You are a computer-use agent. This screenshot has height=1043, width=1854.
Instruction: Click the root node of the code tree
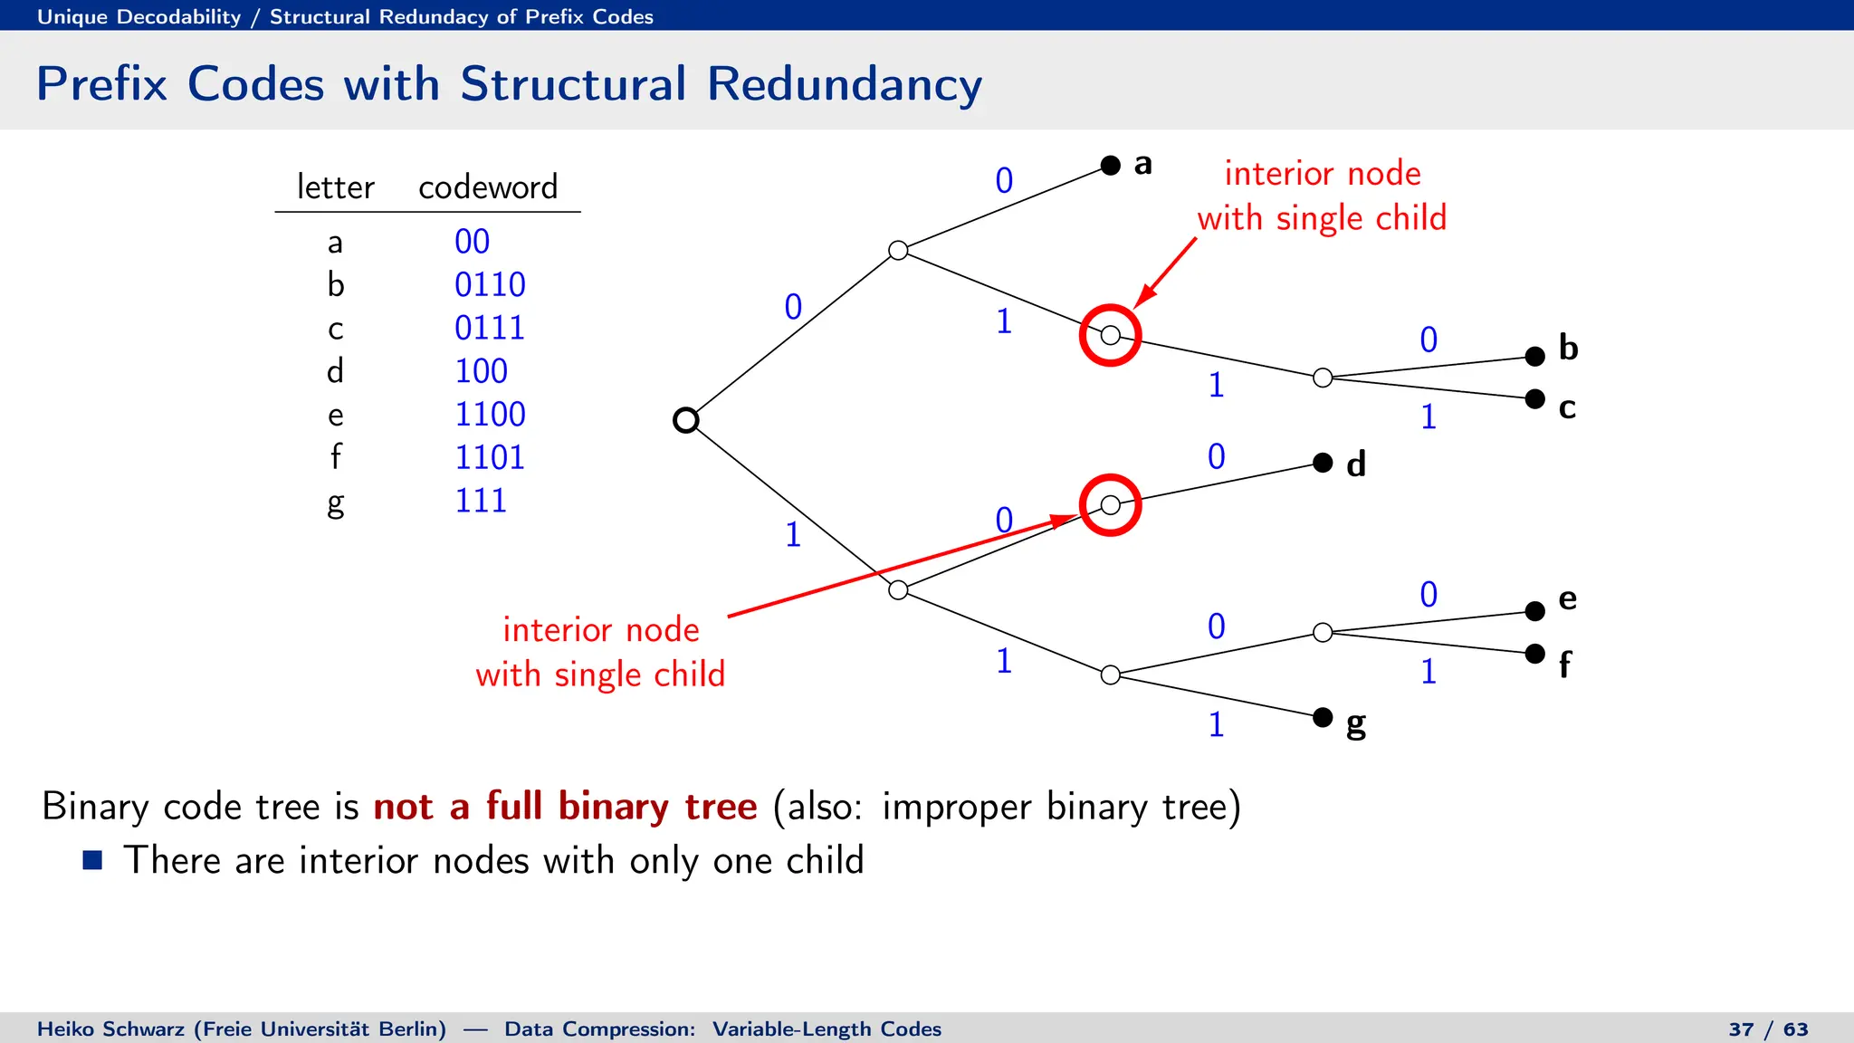pyautogui.click(x=686, y=420)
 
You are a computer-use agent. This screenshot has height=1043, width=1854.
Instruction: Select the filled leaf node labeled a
pyautogui.click(x=1111, y=165)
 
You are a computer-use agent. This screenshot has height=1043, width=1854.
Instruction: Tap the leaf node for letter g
pyautogui.click(x=1323, y=717)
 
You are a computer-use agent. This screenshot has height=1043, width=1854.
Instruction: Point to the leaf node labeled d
pyautogui.click(x=1323, y=463)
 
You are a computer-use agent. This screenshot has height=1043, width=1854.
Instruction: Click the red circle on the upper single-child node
pyautogui.click(x=1110, y=335)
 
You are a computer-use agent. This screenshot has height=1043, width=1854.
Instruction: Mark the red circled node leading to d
pyautogui.click(x=1110, y=505)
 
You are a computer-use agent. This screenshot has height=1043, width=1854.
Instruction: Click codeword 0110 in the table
pyautogui.click(x=490, y=284)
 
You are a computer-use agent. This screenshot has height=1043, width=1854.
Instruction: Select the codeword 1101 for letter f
pyautogui.click(x=490, y=457)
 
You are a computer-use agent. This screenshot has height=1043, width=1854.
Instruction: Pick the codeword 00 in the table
pyautogui.click(x=472, y=241)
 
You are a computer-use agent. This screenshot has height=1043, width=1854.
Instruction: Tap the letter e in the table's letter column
pyautogui.click(x=336, y=415)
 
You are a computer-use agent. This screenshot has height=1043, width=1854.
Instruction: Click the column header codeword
pyautogui.click(x=488, y=187)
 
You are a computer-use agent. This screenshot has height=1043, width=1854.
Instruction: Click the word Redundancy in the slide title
pyautogui.click(x=844, y=84)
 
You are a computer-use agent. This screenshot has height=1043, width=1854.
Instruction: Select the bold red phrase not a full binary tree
pyautogui.click(x=565, y=806)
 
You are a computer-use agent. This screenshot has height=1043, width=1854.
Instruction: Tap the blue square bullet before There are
pyautogui.click(x=92, y=859)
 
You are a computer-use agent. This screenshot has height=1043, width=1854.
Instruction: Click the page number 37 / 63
pyautogui.click(x=1768, y=1029)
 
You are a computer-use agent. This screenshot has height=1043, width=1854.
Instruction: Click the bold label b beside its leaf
pyautogui.click(x=1568, y=348)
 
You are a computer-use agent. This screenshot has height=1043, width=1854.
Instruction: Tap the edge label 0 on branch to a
pyautogui.click(x=1004, y=180)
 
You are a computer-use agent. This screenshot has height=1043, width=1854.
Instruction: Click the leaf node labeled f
pyautogui.click(x=1534, y=653)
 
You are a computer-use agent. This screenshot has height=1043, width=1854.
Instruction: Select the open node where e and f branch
pyautogui.click(x=1323, y=632)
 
